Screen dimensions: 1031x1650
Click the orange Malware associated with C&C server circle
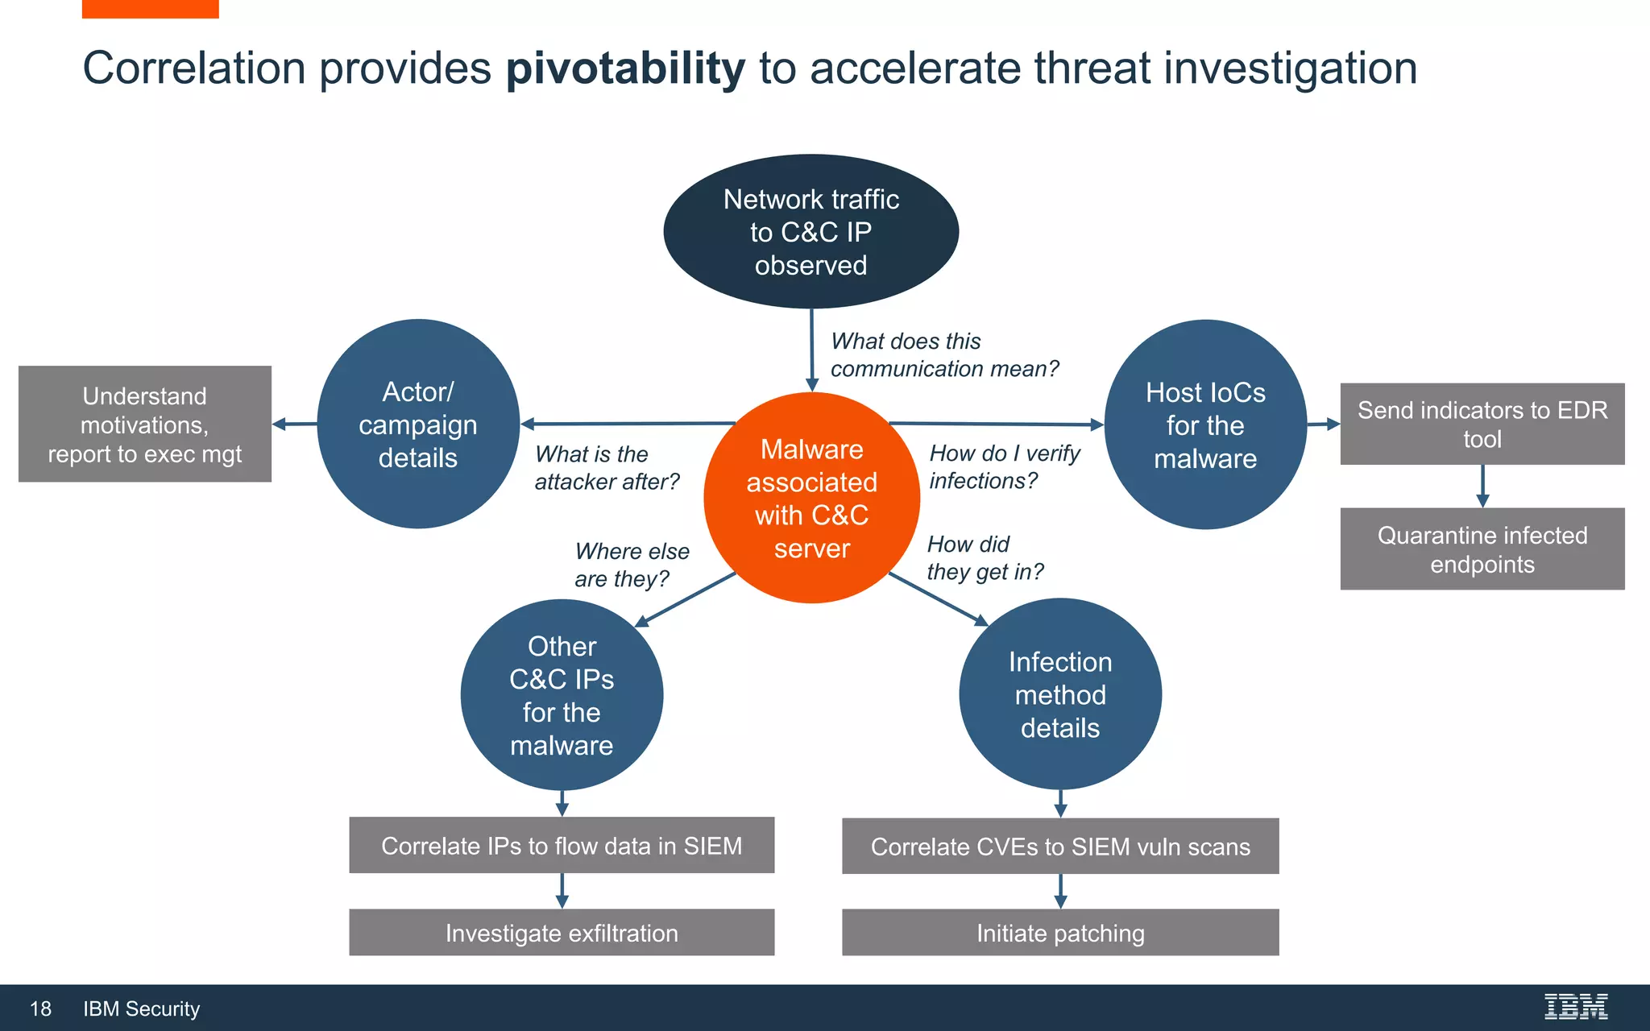pos(811,498)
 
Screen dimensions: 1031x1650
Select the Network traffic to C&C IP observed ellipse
pos(810,231)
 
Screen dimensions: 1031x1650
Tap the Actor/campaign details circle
pos(418,424)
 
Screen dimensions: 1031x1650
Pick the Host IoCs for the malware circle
pos(1205,424)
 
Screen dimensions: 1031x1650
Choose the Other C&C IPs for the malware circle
pos(562,695)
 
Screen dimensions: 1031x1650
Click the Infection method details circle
pos(1060,694)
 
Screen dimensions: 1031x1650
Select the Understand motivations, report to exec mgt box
pos(145,424)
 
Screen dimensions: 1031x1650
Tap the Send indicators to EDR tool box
pos(1482,424)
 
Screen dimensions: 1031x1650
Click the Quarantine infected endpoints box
pos(1482,549)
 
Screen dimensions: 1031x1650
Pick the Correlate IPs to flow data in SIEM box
pos(562,846)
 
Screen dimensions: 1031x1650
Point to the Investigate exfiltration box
pos(562,933)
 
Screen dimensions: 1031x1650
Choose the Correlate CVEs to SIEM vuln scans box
pos(1060,847)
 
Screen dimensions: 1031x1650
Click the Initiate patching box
pos(1060,933)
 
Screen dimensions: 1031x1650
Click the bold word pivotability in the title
pos(625,68)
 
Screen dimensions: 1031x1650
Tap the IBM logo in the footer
pos(1575,1007)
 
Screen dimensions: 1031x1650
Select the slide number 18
pos(40,1008)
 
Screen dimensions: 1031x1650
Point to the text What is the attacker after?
pos(606,468)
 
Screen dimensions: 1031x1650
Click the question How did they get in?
pos(984,557)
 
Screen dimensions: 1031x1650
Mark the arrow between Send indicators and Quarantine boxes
pos(1482,486)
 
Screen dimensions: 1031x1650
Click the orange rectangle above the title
pos(150,8)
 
